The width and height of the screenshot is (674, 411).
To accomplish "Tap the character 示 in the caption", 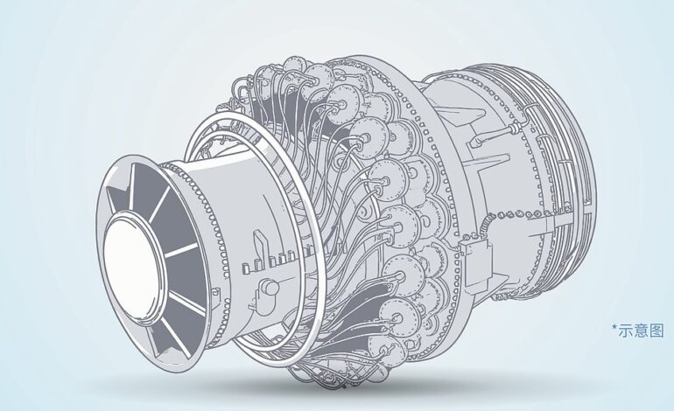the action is (625, 331).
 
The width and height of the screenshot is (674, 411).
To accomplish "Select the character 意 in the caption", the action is (641, 331).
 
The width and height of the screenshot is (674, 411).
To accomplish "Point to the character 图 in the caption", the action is (656, 331).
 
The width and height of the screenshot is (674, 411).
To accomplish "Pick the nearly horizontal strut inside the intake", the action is (181, 250).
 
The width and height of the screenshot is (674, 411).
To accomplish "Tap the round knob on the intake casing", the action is (270, 287).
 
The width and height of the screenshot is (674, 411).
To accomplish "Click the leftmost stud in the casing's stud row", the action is (244, 268).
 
